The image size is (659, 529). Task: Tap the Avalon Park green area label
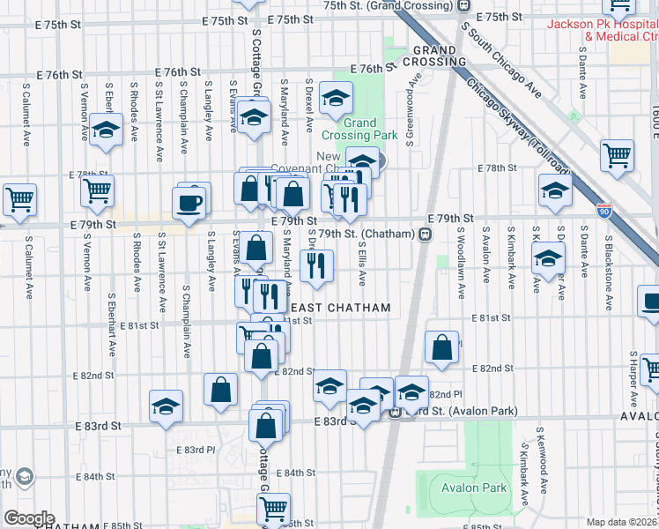[x=474, y=488]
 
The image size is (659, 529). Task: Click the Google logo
[x=29, y=518]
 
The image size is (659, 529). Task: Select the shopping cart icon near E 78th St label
[x=617, y=156]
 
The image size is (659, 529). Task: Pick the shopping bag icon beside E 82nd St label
[x=441, y=349]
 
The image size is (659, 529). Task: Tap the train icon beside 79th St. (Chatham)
[x=425, y=234]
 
